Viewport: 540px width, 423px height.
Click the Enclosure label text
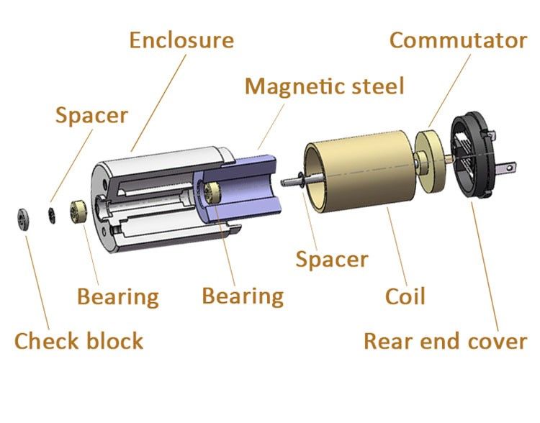[181, 40]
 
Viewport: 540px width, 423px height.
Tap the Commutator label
[458, 40]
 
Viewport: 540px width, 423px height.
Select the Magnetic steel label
[324, 86]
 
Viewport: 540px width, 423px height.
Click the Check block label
[79, 341]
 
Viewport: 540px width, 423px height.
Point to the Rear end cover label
[445, 341]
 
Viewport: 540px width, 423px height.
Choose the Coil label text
[405, 296]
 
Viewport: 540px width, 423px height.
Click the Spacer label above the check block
[91, 115]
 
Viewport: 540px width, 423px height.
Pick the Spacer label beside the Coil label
[332, 259]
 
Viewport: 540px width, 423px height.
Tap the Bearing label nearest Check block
[118, 296]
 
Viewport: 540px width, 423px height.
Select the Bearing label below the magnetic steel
[243, 296]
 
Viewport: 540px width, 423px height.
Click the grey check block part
[23, 219]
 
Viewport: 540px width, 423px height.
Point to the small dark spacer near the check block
[52, 216]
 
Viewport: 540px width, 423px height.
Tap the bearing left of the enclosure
[78, 211]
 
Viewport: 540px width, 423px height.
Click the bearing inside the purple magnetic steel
[212, 193]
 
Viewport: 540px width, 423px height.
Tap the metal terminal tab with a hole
[505, 168]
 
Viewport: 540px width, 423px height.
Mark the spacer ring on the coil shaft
[301, 180]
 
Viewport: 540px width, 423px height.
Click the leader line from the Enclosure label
[158, 103]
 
